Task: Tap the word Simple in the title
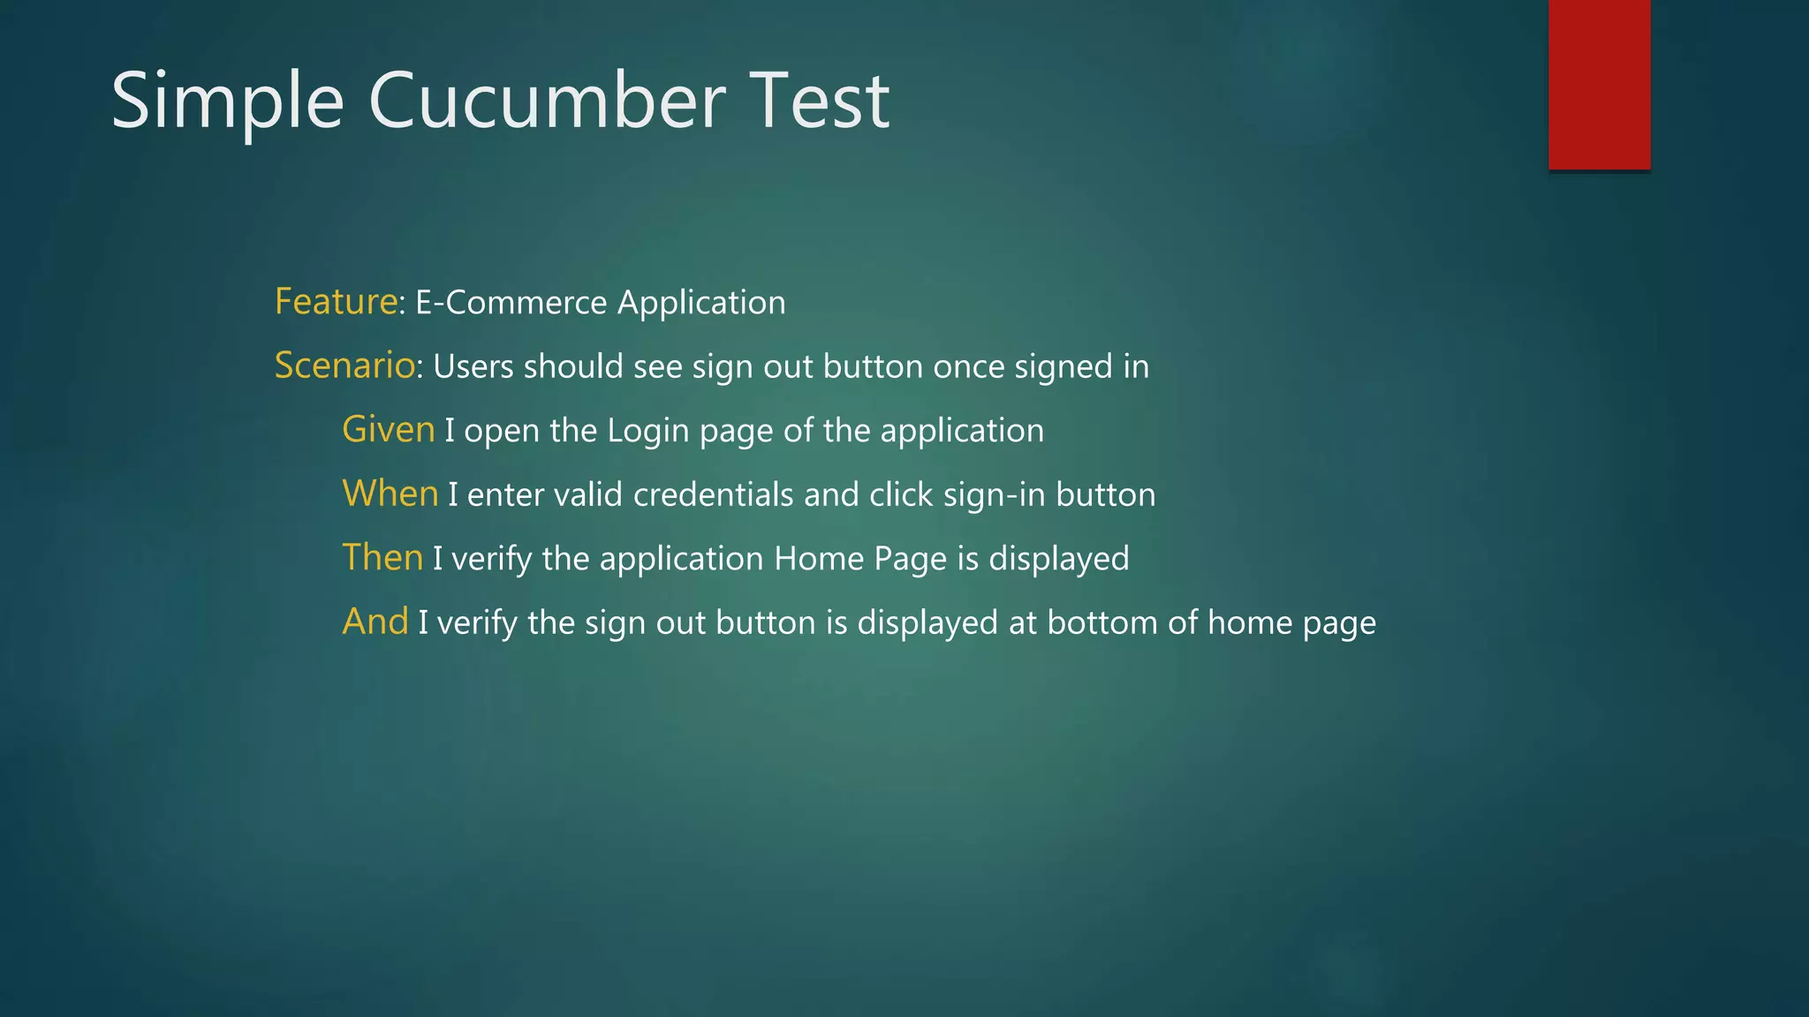227,102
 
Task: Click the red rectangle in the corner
1599,84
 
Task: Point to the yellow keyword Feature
336,302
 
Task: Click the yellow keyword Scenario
344,365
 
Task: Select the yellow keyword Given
389,430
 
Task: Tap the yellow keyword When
390,493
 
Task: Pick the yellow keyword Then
382,558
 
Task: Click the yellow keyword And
375,621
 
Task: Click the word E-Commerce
511,303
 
